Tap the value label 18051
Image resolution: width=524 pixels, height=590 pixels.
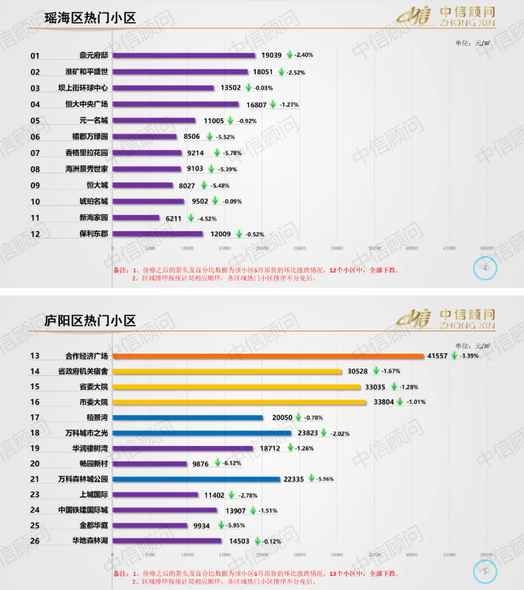[x=264, y=72]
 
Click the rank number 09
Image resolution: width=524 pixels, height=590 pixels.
[x=35, y=185]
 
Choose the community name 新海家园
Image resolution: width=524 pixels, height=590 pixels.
[x=94, y=218]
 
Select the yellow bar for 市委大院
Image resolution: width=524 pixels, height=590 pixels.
[x=239, y=402]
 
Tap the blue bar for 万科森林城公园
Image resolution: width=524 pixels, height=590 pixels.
[x=197, y=479]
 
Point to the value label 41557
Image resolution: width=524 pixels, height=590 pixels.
[x=438, y=356]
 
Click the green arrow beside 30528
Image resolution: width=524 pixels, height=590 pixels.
[x=376, y=371]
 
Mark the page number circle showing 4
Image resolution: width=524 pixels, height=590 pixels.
[x=485, y=269]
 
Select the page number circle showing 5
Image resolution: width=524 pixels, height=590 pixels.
[x=485, y=570]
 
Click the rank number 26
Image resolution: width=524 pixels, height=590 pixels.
[x=35, y=541]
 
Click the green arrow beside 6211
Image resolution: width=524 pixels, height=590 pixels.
[x=190, y=218]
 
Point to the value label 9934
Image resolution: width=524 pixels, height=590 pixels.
[x=202, y=525]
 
